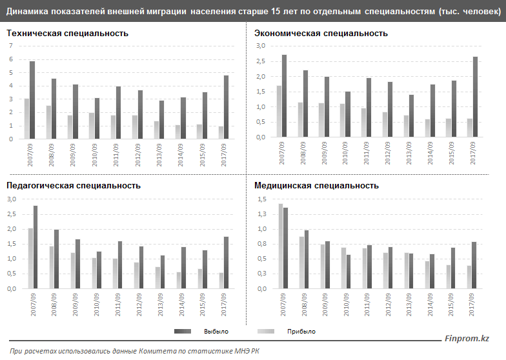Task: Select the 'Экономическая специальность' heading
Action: (x=321, y=33)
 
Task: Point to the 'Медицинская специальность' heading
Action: (x=316, y=185)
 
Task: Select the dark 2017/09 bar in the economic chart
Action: (x=476, y=97)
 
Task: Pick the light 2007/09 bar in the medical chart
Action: (x=280, y=246)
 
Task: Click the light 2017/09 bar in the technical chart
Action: (x=220, y=132)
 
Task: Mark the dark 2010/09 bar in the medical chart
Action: (x=349, y=271)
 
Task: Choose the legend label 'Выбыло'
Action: (x=216, y=331)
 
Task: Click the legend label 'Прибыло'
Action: (x=301, y=331)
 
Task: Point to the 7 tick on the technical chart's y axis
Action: (x=11, y=46)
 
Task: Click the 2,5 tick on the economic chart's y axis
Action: (x=261, y=61)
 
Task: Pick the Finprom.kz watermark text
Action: (x=467, y=339)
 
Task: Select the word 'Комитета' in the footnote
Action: (x=156, y=351)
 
